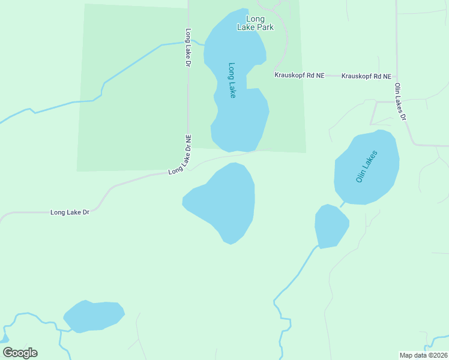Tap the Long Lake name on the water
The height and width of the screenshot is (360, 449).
pos(232,80)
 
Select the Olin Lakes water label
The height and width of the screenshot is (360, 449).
pos(366,167)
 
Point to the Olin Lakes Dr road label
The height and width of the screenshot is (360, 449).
pos(400,101)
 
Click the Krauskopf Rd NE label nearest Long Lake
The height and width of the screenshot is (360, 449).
pos(299,76)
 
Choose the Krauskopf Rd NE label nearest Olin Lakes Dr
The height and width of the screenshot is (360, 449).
pos(366,76)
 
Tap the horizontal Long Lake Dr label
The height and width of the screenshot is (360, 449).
pos(70,212)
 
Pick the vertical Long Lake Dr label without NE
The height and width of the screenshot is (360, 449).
pos(188,48)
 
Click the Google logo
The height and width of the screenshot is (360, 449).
pos(20,353)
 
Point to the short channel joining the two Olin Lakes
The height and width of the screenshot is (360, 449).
pos(343,205)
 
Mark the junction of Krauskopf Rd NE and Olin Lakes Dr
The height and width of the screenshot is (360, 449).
pos(396,76)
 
